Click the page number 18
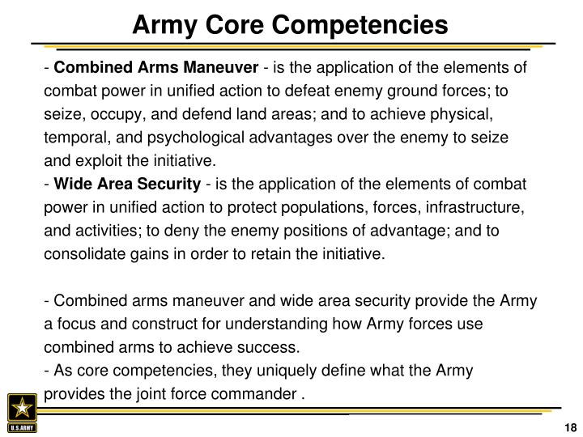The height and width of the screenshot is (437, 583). point(569,427)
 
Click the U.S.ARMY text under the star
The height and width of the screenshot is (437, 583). point(23,426)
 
